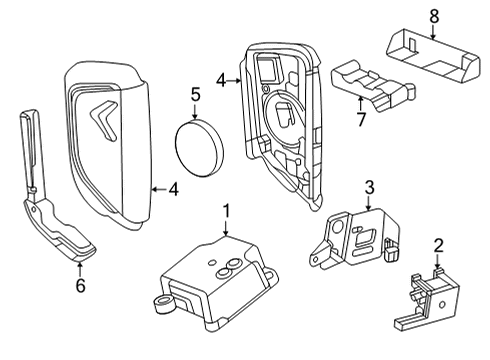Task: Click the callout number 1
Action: point(227,211)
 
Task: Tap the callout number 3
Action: point(369,187)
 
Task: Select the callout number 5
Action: point(197,97)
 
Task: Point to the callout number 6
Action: point(80,286)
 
